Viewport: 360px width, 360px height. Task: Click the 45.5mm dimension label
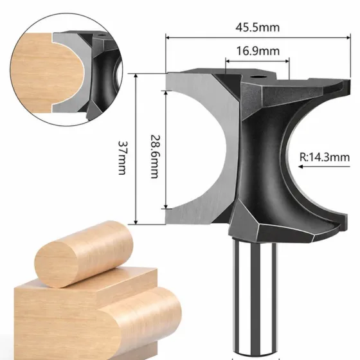[x=258, y=28]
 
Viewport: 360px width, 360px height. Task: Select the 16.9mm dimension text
[x=258, y=51]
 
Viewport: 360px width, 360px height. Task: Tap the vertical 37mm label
[x=122, y=157]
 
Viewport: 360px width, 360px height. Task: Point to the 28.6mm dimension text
[x=154, y=157]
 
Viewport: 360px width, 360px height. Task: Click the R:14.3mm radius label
[x=325, y=157]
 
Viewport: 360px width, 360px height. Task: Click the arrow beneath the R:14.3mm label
[x=324, y=166]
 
